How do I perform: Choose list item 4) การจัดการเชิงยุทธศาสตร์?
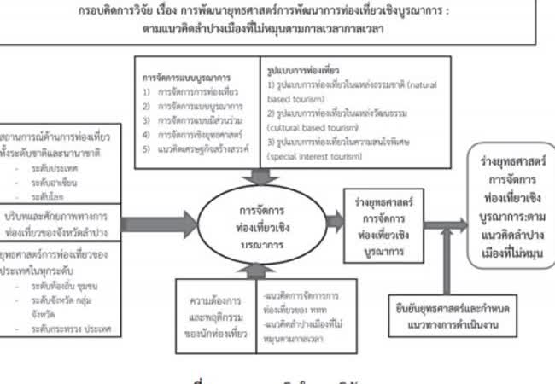186,132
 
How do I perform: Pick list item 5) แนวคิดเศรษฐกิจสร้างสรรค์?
192,146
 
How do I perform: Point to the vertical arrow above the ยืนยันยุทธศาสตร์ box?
445,265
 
